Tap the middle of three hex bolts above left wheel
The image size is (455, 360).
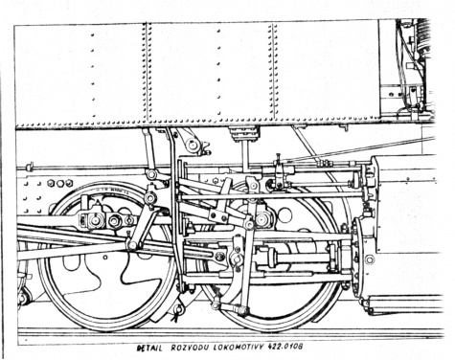pyautogui.click(x=60, y=183)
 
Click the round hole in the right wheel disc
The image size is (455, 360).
pyautogui.click(x=284, y=215)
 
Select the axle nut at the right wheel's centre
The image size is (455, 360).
pyautogui.click(x=262, y=219)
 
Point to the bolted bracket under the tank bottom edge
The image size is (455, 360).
pyautogui.click(x=244, y=134)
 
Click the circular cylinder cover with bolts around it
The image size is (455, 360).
pyautogui.click(x=357, y=257)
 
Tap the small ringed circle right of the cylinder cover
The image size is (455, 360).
pyautogui.click(x=370, y=259)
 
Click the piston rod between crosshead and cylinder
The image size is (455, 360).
pyautogui.click(x=302, y=257)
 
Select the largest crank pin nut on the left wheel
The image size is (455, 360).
pyautogui.click(x=115, y=220)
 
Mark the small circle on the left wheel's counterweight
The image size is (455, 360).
pyautogui.click(x=105, y=257)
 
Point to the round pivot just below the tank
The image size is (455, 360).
pyautogui.click(x=193, y=146)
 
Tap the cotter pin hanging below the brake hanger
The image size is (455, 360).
pyautogui.click(x=176, y=313)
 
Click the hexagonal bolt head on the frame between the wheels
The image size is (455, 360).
pyautogui.click(x=216, y=181)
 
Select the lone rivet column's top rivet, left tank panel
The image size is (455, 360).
pyautogui.click(x=92, y=34)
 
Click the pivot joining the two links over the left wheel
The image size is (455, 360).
pyautogui.click(x=149, y=198)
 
